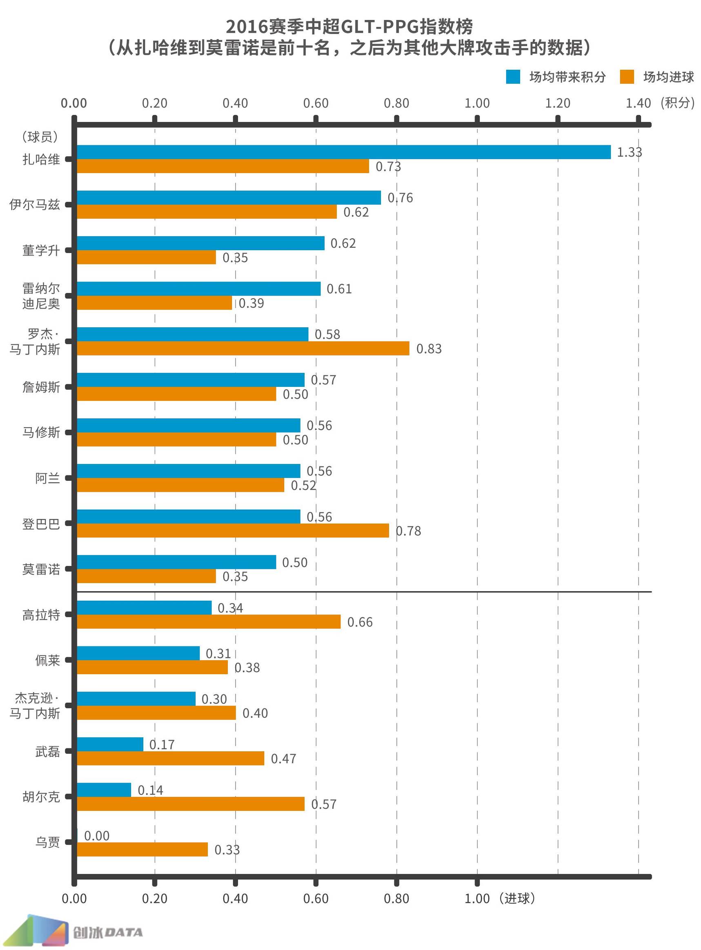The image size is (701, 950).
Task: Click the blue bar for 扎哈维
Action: click(x=344, y=152)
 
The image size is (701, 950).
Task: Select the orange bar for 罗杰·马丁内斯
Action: click(x=243, y=348)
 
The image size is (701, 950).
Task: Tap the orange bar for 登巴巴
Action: click(x=233, y=530)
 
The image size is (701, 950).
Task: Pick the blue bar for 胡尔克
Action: click(x=104, y=789)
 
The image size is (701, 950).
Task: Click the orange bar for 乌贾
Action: click(x=142, y=849)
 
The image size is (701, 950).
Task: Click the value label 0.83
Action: click(x=429, y=348)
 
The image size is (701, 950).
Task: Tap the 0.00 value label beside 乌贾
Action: click(x=97, y=835)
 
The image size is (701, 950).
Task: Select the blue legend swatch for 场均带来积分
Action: click(x=513, y=77)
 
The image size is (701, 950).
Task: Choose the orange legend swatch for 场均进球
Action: click(x=626, y=77)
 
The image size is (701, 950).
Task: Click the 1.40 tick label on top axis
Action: click(x=638, y=103)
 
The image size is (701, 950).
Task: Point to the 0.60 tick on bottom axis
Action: click(x=316, y=898)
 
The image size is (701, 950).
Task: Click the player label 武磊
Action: click(x=47, y=751)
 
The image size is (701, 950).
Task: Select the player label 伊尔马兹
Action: click(x=35, y=204)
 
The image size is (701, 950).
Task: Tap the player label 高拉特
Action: click(x=41, y=615)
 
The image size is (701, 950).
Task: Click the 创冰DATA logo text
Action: click(x=108, y=932)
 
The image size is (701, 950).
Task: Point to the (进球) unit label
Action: click(x=517, y=898)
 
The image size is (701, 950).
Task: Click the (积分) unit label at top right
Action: click(x=677, y=103)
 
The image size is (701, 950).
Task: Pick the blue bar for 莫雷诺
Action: click(x=176, y=562)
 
